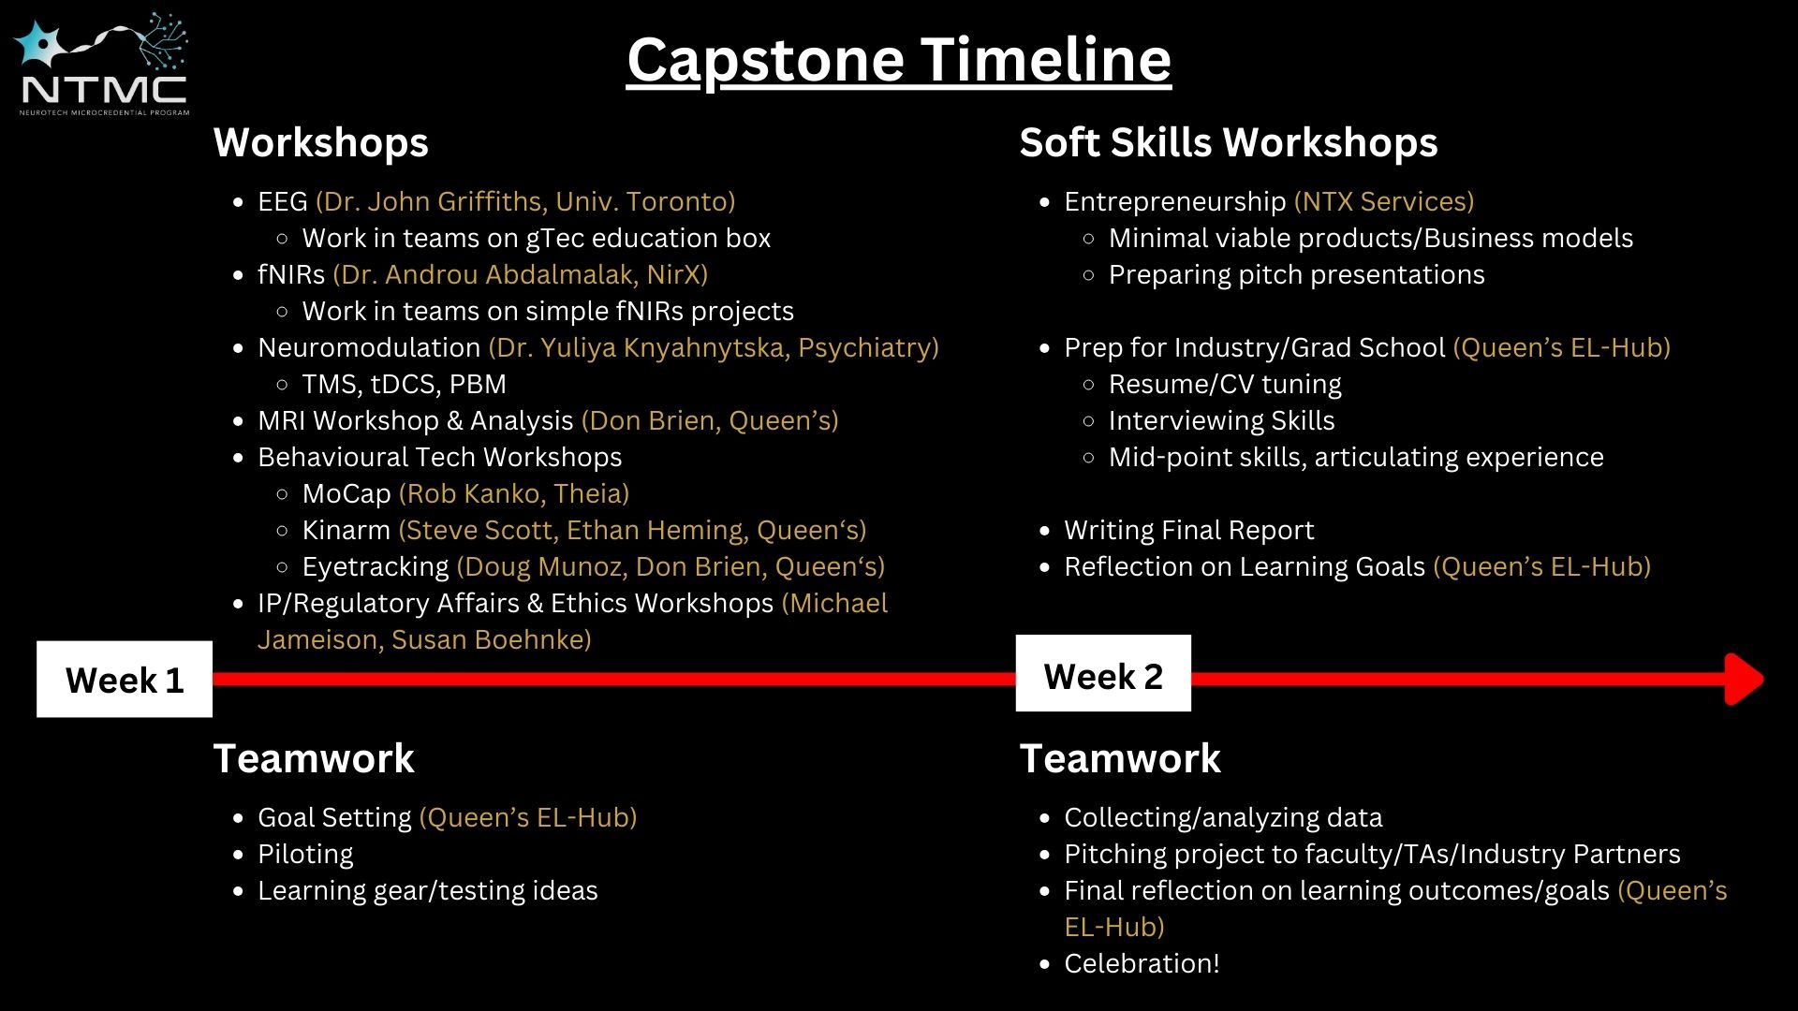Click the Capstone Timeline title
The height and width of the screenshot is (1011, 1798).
coord(898,60)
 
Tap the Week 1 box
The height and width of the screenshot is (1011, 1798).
coord(125,680)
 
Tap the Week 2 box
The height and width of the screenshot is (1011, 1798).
coord(1103,674)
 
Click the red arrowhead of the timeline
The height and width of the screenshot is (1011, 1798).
coord(1743,679)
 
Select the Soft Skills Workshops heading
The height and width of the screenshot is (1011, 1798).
coord(1228,143)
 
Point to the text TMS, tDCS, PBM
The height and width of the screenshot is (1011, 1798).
coord(404,384)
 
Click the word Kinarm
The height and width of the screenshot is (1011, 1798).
coord(346,530)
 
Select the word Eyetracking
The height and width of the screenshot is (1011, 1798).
coord(375,566)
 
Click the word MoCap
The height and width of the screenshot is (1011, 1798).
coord(346,493)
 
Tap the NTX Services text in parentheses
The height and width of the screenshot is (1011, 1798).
coord(1383,201)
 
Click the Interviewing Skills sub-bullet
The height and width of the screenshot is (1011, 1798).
coord(1221,420)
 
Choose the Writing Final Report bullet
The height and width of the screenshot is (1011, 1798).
coord(1188,530)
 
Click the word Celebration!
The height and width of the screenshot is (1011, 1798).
coord(1142,963)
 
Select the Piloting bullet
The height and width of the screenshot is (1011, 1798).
coord(305,854)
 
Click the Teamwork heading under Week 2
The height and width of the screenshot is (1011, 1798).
coord(1120,758)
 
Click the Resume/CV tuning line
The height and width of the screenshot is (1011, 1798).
coord(1224,384)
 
